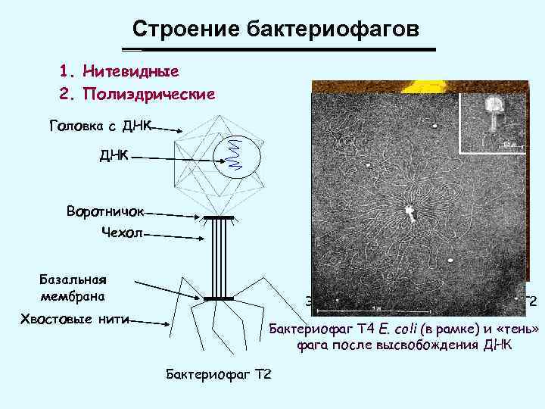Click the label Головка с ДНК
101,125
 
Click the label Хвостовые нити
73,320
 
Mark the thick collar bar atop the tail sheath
217,218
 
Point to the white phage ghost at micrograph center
410,212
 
